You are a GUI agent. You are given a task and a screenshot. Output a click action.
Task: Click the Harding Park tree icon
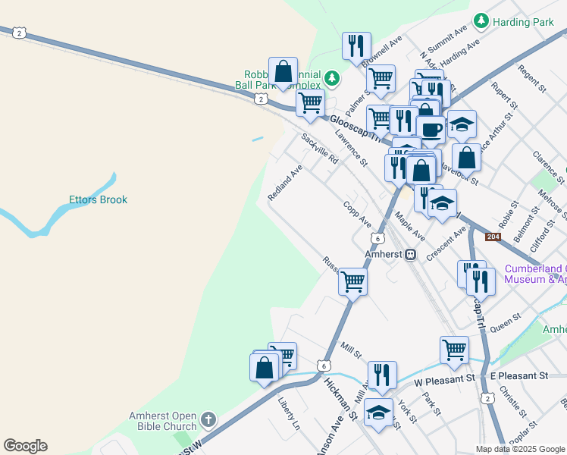click(x=481, y=22)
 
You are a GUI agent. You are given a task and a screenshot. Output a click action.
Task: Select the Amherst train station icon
click(x=410, y=255)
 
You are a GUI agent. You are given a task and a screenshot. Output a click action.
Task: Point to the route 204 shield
click(x=493, y=237)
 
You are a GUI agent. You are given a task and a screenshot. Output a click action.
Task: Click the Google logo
click(x=25, y=446)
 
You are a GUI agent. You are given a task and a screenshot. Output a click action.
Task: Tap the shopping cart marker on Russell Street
click(x=352, y=281)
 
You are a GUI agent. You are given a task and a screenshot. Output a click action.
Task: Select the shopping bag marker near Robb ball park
click(x=282, y=72)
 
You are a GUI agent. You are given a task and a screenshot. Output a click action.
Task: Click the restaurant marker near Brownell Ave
click(x=356, y=45)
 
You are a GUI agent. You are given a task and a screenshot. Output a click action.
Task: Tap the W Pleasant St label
click(x=443, y=377)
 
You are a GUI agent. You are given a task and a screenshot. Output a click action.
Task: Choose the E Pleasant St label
click(x=518, y=376)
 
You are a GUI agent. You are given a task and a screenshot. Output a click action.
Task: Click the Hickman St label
click(x=340, y=395)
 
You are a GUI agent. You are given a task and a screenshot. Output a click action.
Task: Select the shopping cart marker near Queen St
click(x=454, y=350)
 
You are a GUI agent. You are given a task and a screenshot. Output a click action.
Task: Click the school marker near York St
click(x=378, y=413)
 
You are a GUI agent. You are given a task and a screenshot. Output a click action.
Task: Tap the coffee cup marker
click(x=431, y=129)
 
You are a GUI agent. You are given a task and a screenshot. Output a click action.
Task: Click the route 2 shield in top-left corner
click(x=20, y=32)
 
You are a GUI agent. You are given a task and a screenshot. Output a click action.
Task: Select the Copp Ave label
click(x=356, y=214)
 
